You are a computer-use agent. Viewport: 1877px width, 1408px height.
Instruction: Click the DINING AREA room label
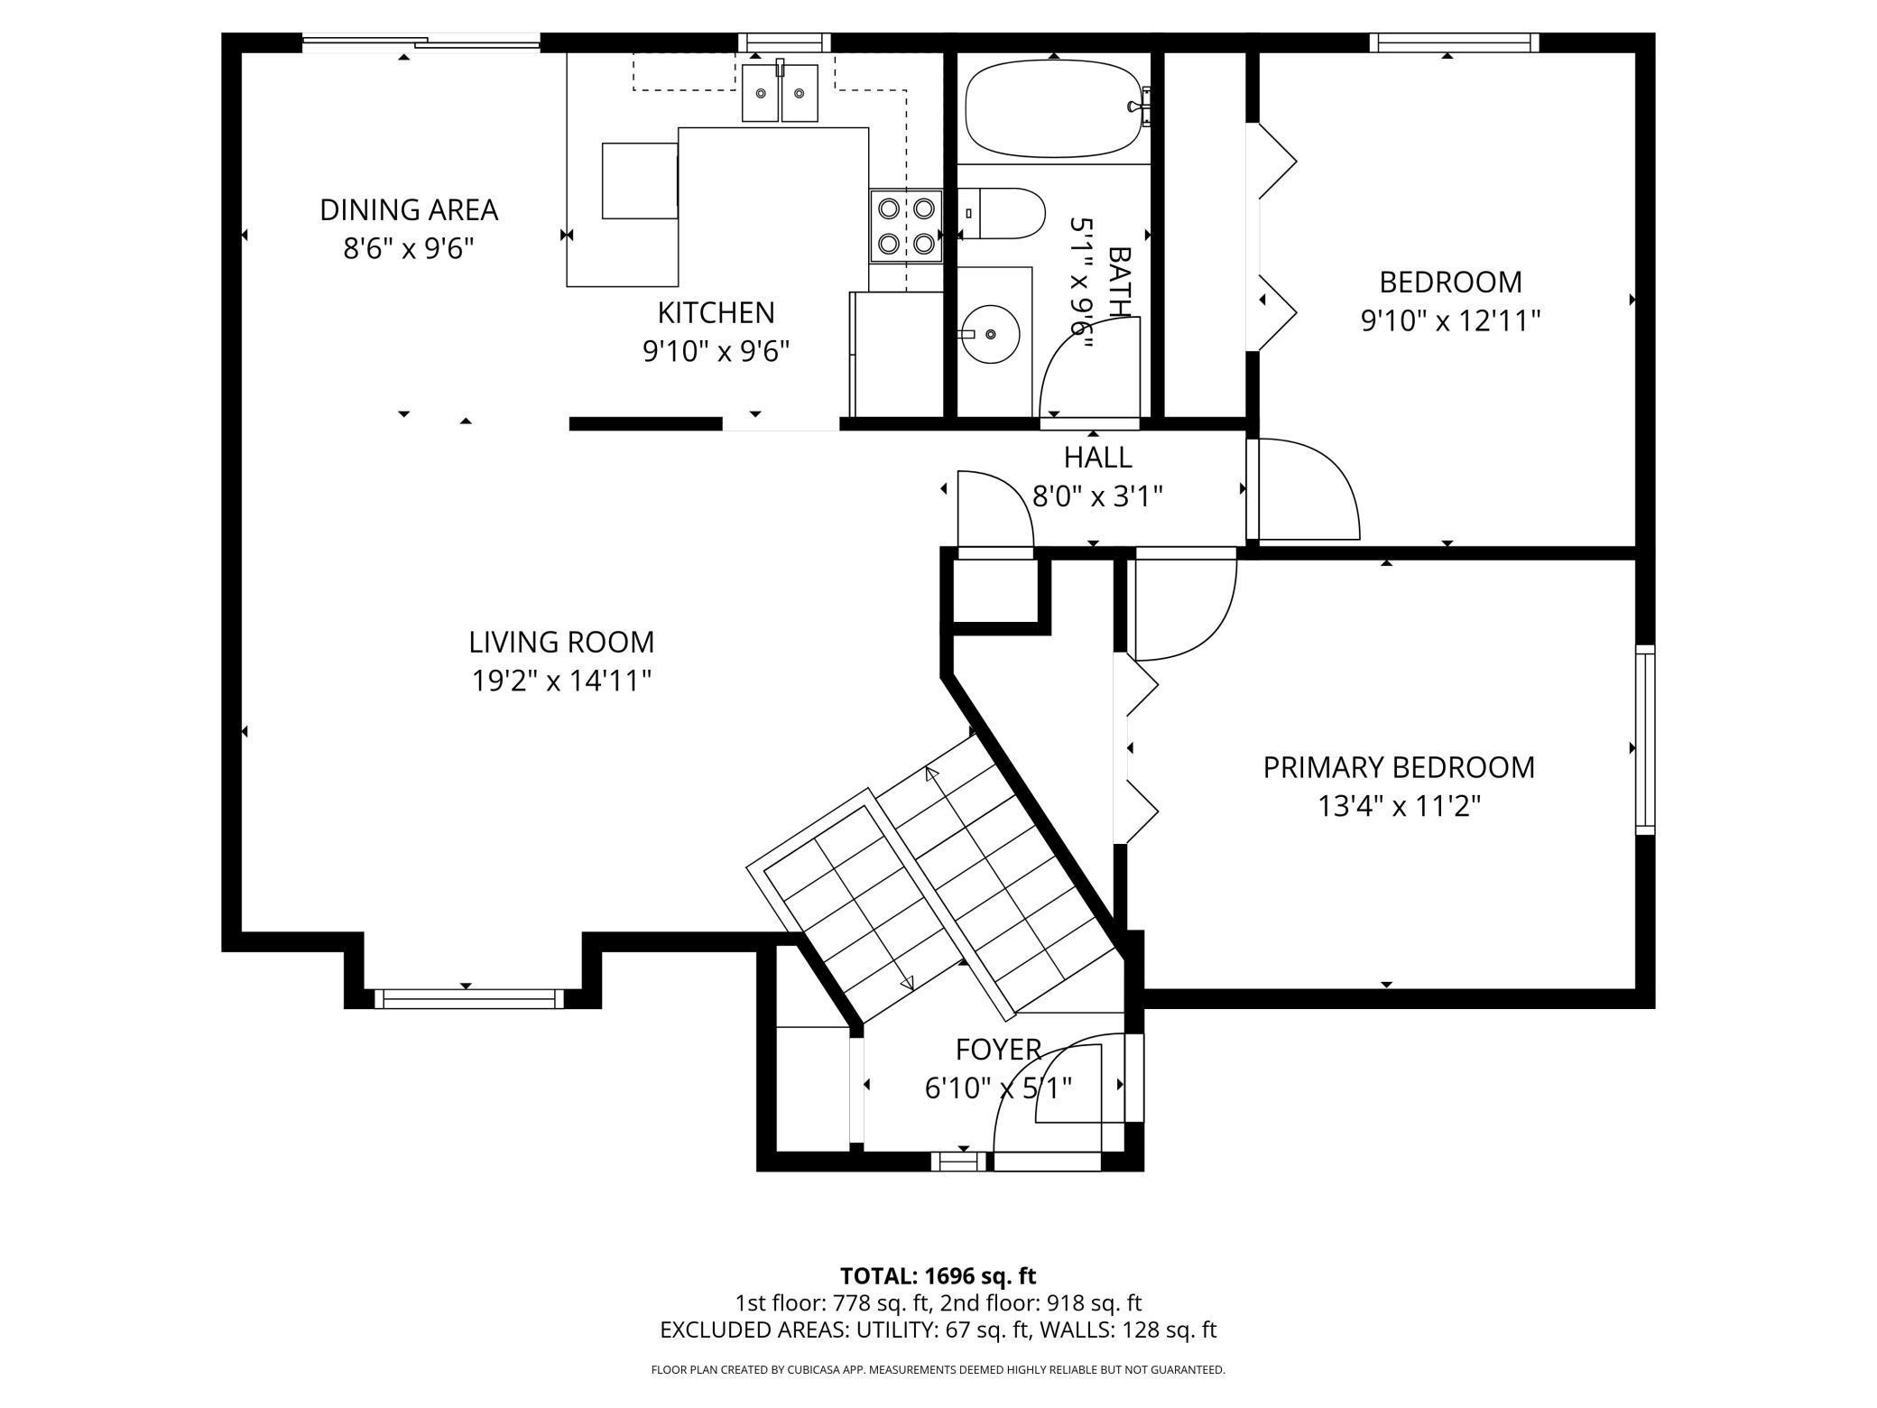409,209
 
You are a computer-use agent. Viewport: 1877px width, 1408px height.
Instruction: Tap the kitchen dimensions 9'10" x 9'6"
716,351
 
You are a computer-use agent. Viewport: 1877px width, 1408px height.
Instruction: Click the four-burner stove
906,226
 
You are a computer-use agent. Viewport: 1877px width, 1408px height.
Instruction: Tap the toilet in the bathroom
1000,214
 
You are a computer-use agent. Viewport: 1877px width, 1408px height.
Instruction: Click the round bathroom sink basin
990,334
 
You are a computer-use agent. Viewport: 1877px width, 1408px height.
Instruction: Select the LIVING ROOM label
561,642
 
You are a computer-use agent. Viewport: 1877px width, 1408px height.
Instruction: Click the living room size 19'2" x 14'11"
561,681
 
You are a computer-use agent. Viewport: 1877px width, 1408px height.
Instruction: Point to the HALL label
1097,458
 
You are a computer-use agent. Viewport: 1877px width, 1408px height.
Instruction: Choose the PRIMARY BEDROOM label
1399,767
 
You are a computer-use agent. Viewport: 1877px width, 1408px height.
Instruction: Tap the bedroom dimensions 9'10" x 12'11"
1450,320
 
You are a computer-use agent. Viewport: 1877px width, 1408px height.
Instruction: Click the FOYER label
998,1050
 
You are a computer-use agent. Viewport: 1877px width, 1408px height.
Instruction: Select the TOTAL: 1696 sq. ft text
938,1276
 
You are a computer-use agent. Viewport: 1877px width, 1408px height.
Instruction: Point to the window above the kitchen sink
784,42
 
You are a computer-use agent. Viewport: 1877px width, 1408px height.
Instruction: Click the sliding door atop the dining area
421,41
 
